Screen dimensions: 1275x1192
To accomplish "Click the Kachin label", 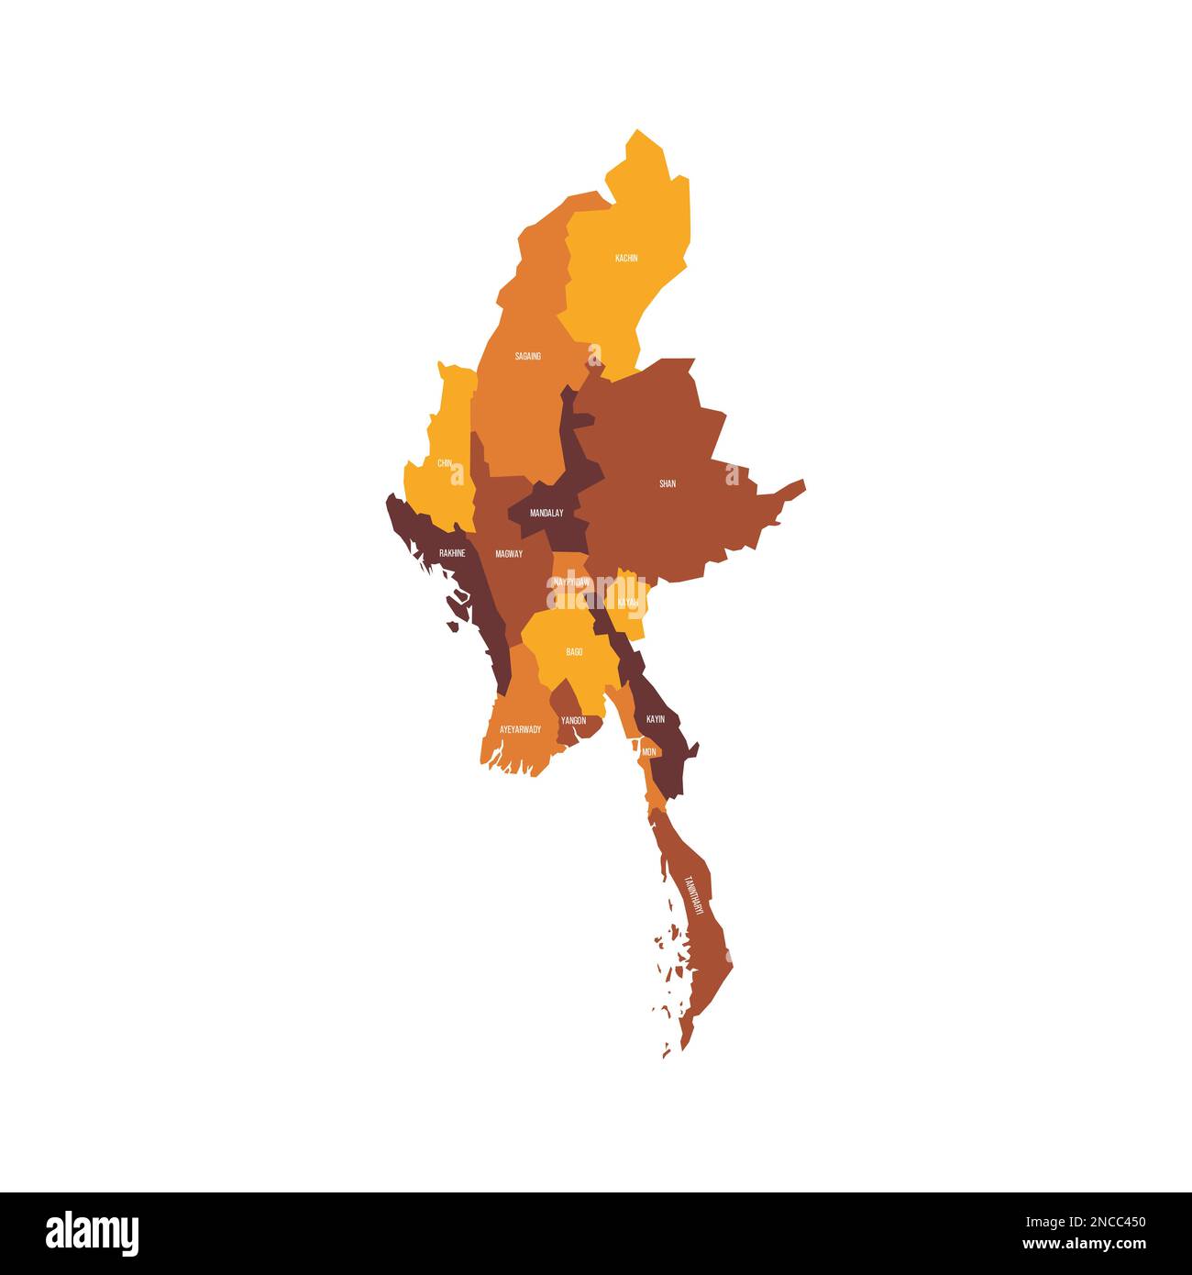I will [x=626, y=259].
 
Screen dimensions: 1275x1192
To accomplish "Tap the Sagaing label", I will [x=527, y=356].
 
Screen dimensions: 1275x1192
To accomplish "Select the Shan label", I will [x=668, y=483].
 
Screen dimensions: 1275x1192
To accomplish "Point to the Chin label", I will [x=445, y=463].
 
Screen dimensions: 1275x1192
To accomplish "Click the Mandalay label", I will [x=546, y=514].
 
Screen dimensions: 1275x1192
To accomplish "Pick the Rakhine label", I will [x=452, y=553].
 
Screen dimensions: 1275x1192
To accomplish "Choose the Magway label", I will [x=509, y=554].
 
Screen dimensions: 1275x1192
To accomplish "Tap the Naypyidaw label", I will [x=572, y=582].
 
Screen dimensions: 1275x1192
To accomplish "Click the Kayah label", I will [x=628, y=603].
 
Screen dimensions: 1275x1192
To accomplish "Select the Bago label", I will [x=574, y=652].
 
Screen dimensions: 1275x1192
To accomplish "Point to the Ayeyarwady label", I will [x=520, y=729].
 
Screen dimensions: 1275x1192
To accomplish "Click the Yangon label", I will [x=573, y=721].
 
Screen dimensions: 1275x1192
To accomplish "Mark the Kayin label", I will [x=656, y=719].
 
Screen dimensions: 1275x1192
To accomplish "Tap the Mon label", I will [x=649, y=752].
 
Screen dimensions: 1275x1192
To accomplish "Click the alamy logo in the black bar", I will [x=92, y=1233].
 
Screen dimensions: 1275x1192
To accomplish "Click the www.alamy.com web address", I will [x=1084, y=1245].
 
